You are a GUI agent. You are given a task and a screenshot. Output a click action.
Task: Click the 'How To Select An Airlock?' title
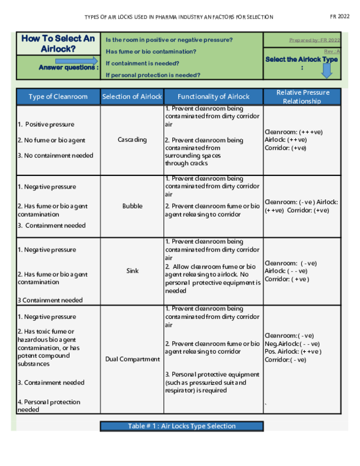tap(58, 43)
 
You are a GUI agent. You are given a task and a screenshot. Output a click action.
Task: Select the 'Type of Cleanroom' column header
tap(58, 97)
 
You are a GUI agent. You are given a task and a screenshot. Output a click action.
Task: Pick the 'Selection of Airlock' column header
tap(132, 97)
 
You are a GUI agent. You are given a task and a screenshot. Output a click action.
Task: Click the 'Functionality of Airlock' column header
tap(214, 97)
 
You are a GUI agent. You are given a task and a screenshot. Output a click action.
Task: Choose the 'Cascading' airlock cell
tap(132, 140)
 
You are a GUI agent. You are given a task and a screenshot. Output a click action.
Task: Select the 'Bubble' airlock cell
tap(132, 206)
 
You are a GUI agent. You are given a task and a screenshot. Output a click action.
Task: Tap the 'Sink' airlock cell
tap(132, 271)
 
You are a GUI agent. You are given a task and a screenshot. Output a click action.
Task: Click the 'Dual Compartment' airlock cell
tap(132, 359)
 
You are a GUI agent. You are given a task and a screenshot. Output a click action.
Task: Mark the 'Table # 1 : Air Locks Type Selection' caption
tap(181, 426)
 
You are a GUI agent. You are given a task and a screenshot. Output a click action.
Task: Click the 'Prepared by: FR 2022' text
tap(314, 40)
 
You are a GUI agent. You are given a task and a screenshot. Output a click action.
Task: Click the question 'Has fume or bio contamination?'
tap(151, 52)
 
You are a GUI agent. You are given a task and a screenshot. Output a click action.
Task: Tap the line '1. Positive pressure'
tap(46, 124)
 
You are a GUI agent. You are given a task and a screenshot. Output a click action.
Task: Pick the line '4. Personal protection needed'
tap(49, 405)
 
